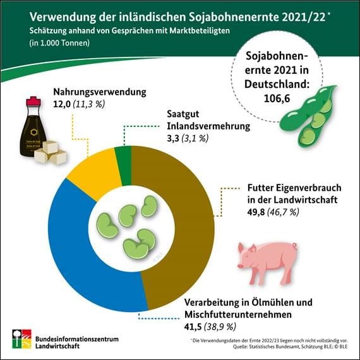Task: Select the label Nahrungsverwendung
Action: pyautogui.click(x=100, y=92)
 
